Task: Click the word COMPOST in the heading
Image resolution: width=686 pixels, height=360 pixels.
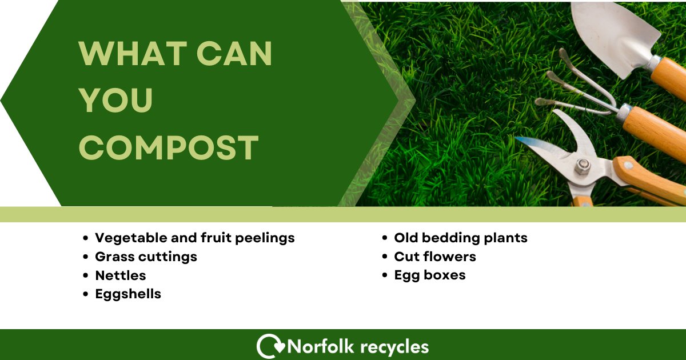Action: click(169, 147)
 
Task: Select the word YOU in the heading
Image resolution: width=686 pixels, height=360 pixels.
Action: click(116, 101)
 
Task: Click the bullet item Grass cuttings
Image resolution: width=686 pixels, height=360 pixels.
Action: click(146, 257)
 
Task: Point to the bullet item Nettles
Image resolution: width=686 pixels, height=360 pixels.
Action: click(120, 275)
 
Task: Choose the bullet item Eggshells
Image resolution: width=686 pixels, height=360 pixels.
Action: click(128, 294)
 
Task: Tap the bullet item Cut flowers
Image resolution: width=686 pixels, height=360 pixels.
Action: click(434, 257)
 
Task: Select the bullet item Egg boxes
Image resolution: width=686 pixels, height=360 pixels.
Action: click(429, 275)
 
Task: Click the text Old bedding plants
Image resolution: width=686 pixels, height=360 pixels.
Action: click(460, 238)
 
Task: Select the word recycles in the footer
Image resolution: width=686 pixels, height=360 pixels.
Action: click(394, 347)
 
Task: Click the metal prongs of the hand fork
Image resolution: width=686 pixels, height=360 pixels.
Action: click(572, 86)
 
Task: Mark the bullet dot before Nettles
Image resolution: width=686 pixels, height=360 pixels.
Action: click(86, 276)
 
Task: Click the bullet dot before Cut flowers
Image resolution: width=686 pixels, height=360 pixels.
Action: click(385, 257)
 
